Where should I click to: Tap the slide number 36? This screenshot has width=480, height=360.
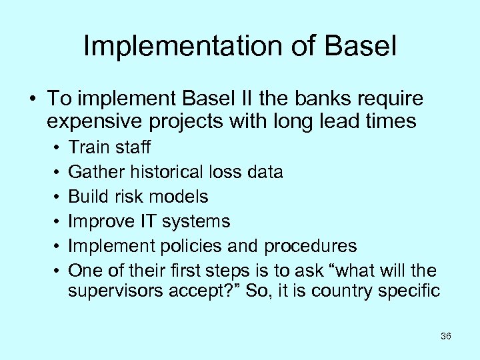pos(446,336)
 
